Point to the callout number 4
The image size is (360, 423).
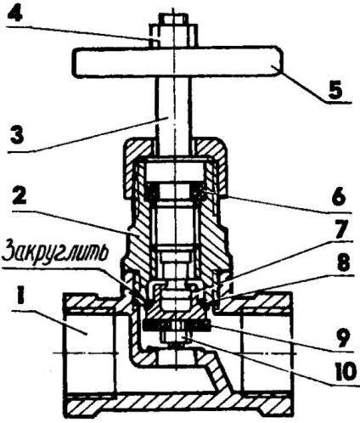coord(14,12)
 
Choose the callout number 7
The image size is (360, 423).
coord(340,227)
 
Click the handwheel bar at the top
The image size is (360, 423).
coord(177,61)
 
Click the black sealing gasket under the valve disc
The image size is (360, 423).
coord(177,325)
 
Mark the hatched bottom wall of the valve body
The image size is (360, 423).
coord(178,400)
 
